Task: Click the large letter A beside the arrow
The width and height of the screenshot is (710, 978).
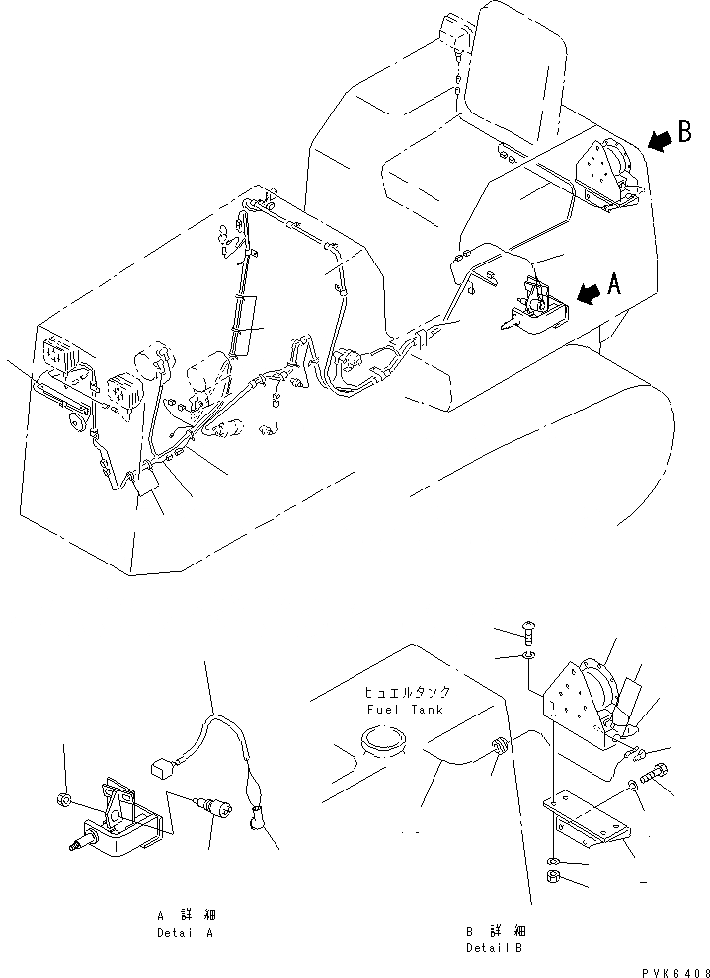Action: (x=614, y=286)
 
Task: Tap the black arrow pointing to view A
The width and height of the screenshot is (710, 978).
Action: (x=587, y=293)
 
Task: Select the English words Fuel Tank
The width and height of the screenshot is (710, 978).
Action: (x=405, y=709)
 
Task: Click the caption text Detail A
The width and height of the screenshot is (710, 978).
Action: (x=184, y=932)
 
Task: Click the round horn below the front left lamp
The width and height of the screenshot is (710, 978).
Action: (x=73, y=422)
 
